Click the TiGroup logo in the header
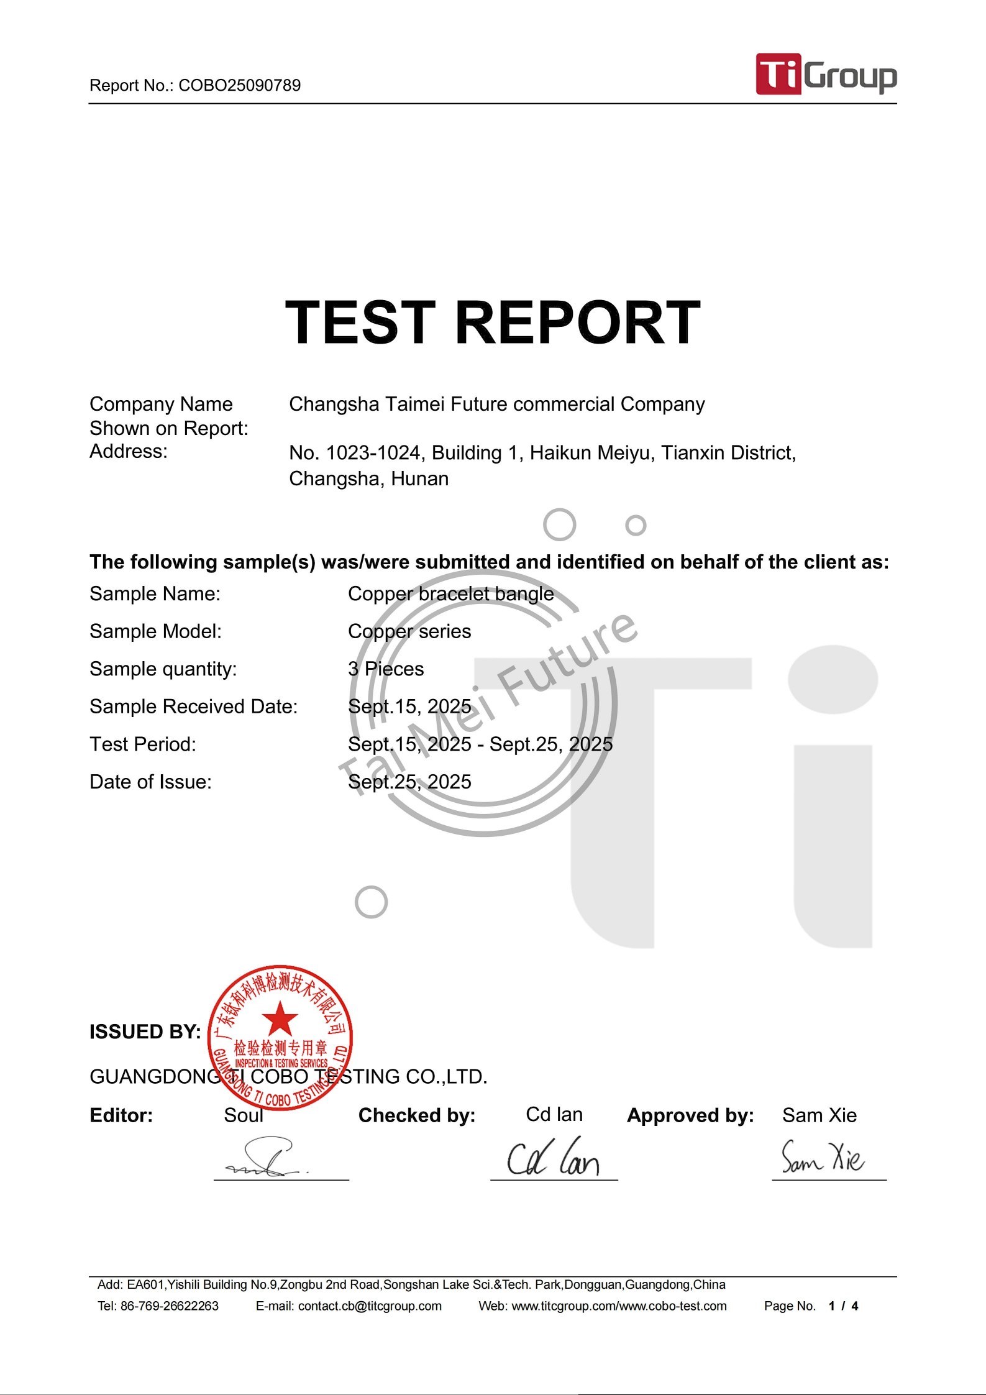(826, 75)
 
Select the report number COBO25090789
(239, 85)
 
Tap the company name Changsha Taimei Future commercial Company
(496, 404)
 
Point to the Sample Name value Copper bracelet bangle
(450, 593)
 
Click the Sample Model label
(155, 631)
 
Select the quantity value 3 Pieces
(386, 669)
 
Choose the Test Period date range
(480, 744)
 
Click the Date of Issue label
(150, 782)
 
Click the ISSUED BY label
(145, 1031)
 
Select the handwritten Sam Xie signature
(822, 1157)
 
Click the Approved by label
(690, 1115)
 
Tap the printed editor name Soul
(244, 1115)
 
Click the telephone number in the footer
(169, 1306)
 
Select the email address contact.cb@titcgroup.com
(370, 1306)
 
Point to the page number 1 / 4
(843, 1306)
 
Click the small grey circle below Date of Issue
(371, 902)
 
